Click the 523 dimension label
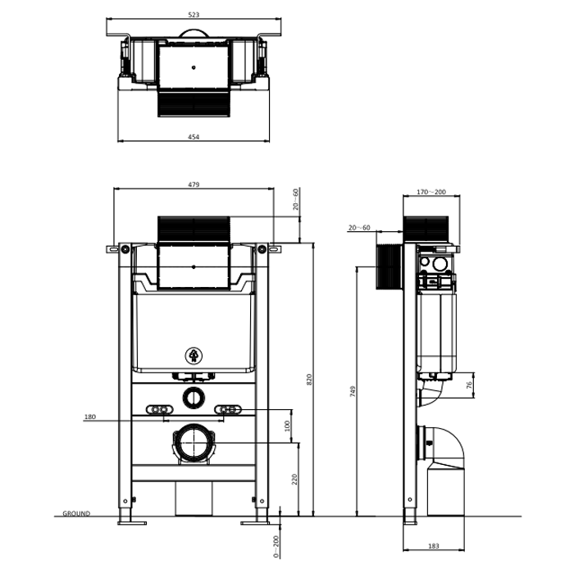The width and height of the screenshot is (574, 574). coord(194,15)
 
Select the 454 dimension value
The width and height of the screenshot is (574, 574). coord(194,137)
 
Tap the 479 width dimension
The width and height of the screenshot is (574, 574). coord(194,184)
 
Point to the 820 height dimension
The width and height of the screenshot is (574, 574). coord(309,379)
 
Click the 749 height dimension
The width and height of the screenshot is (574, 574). coord(353,391)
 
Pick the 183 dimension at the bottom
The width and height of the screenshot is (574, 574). coord(434,546)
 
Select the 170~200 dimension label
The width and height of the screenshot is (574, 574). coord(431,192)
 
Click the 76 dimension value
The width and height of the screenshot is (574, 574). coord(469,385)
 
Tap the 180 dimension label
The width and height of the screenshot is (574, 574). coord(90,417)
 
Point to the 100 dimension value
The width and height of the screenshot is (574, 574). coord(287,426)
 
